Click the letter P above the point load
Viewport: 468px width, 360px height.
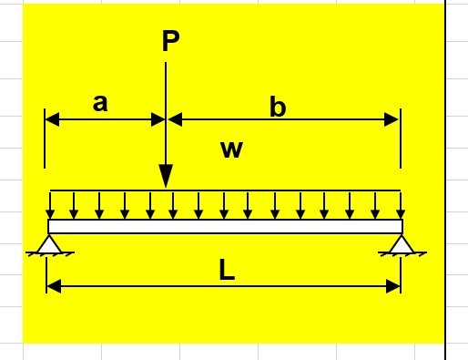(170, 41)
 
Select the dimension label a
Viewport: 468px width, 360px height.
(100, 103)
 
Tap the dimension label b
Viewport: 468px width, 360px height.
(278, 108)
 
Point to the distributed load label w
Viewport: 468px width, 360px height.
(232, 149)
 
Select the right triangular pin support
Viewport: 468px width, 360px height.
(402, 243)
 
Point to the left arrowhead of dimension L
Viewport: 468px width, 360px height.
(53, 286)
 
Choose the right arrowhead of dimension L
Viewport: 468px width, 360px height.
(394, 286)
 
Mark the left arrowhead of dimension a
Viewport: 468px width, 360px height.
(52, 119)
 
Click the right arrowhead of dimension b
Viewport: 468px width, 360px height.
(393, 119)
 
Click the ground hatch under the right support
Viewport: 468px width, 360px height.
(402, 255)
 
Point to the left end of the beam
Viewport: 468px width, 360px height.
(49, 226)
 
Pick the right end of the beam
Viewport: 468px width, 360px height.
(401, 226)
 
